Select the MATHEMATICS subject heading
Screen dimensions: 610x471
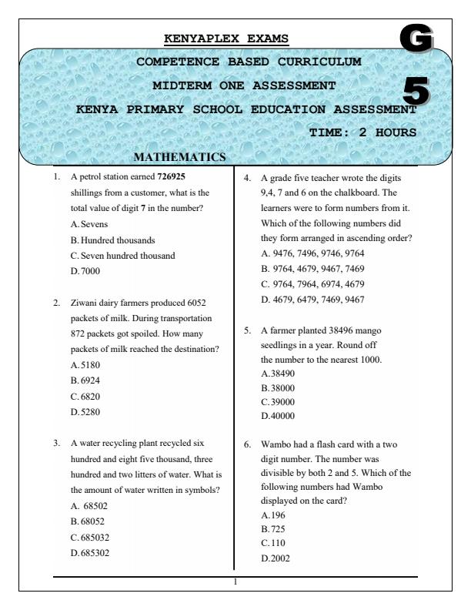pos(179,158)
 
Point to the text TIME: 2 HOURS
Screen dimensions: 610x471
pos(362,132)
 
